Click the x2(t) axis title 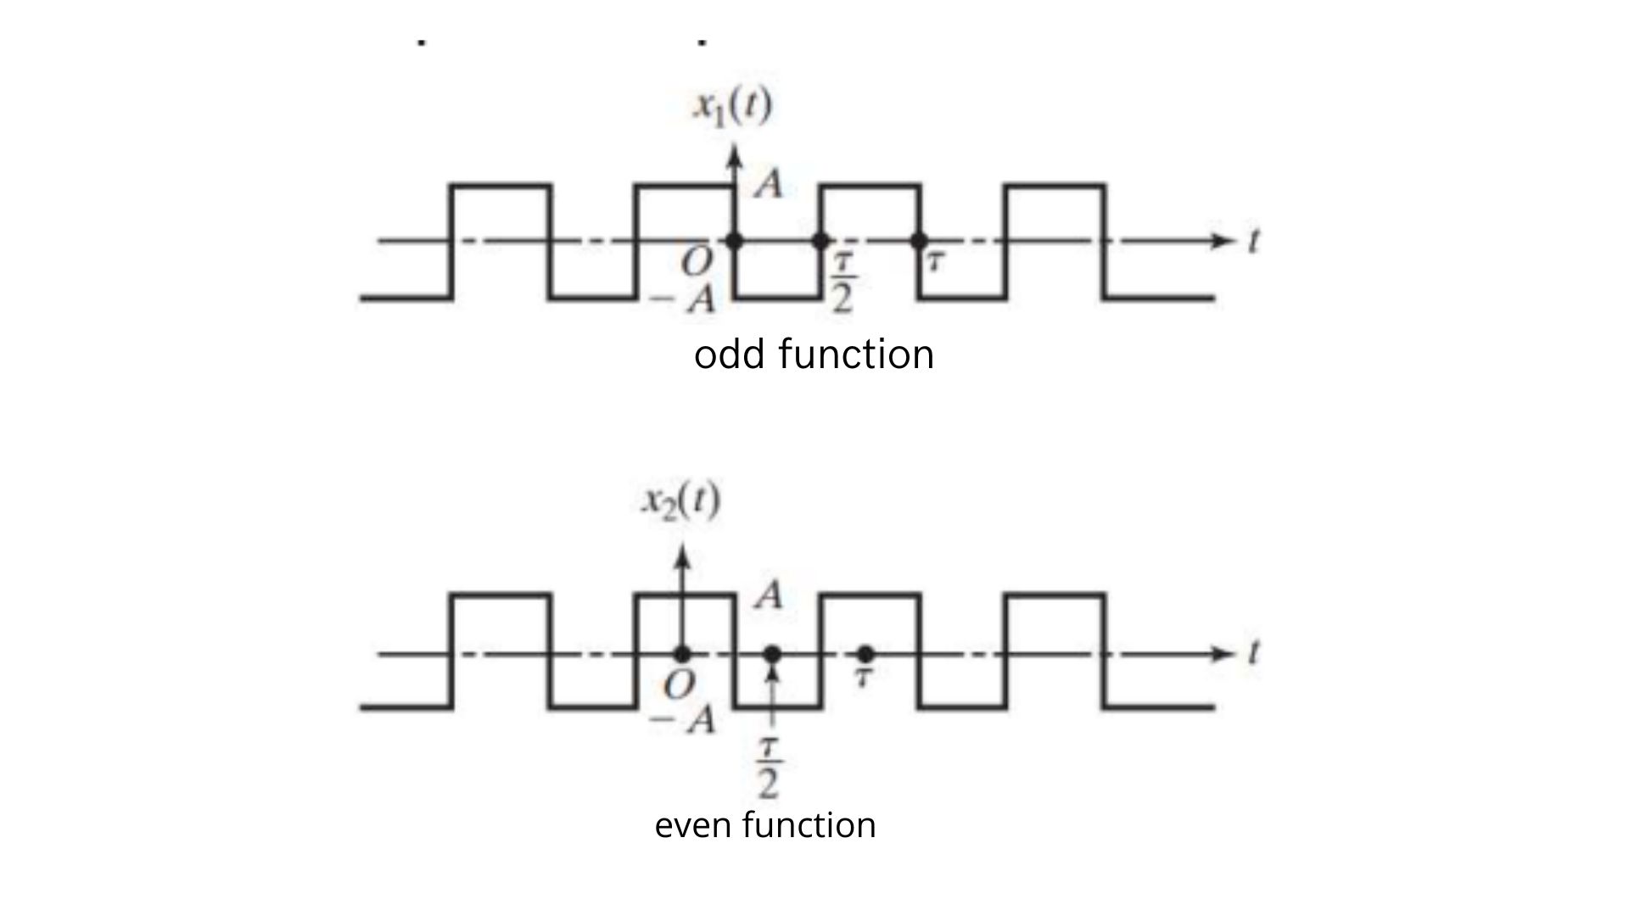[680, 502]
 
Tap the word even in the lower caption [691, 824]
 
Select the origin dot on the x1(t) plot [734, 241]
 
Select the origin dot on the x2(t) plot [681, 654]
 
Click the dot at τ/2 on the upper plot [820, 241]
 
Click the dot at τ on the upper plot [919, 241]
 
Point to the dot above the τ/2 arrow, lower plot [772, 654]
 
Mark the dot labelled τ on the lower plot [865, 654]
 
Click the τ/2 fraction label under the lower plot [769, 769]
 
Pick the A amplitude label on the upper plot [769, 184]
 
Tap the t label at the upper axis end [1253, 241]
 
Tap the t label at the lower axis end [1253, 653]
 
